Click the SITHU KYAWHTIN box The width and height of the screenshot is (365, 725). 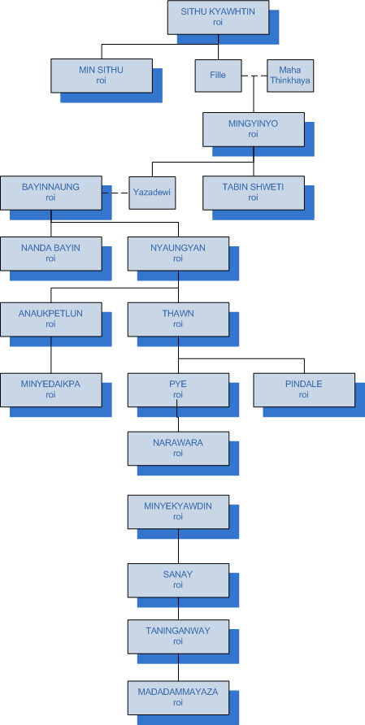[x=218, y=17]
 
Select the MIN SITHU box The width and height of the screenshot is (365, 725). [x=102, y=76]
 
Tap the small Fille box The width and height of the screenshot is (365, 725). [x=218, y=76]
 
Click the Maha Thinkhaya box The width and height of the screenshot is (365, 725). [x=290, y=76]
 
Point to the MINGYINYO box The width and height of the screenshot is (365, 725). [x=254, y=129]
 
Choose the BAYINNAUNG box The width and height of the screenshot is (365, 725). [x=51, y=193]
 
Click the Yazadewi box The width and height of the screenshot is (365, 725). [x=152, y=193]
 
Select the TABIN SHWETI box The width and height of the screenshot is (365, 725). [x=254, y=193]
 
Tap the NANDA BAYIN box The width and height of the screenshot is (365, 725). [x=51, y=254]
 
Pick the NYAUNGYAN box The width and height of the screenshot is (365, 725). [x=178, y=254]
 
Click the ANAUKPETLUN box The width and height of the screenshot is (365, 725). [x=51, y=319]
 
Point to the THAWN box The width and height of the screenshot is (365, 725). [x=178, y=319]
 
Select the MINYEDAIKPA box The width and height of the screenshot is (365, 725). [x=51, y=390]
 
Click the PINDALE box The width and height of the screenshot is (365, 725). [x=304, y=390]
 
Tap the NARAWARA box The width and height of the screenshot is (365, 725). [x=178, y=449]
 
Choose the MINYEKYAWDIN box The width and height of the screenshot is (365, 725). [x=178, y=512]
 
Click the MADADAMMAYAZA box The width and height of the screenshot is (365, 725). [x=178, y=697]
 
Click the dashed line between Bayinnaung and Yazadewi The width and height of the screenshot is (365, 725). [x=115, y=193]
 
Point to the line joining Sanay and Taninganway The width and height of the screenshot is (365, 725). [x=178, y=609]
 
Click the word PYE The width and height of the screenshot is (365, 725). [x=178, y=384]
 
